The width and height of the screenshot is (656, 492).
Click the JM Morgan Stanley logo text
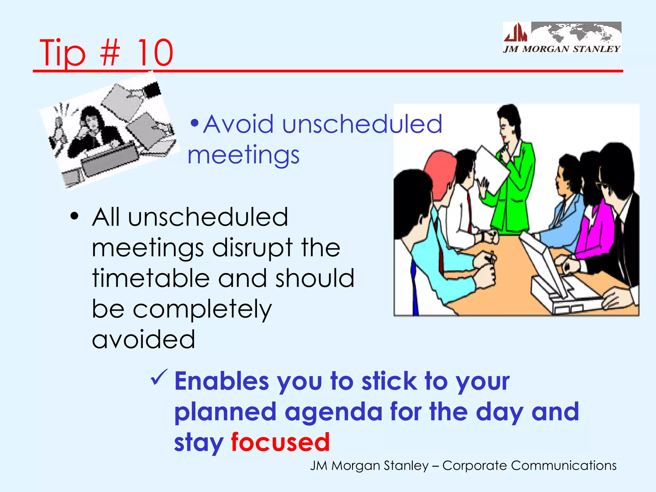562,49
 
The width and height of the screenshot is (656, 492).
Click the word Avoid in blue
238,124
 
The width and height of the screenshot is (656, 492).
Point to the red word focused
280,442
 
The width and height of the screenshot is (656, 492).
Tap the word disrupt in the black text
252,248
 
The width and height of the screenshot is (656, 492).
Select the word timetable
150,278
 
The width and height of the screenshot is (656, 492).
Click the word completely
202,309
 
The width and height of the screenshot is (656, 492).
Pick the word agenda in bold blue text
333,413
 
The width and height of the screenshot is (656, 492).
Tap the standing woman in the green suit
512,179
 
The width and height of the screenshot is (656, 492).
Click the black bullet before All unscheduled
74,217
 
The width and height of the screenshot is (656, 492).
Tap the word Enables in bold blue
221,381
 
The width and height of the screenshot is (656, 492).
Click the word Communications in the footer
563,465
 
